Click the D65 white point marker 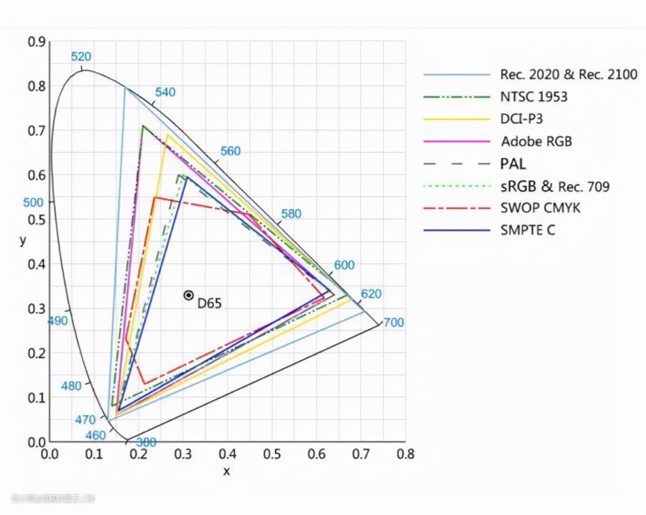(188, 295)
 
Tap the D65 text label (209, 303)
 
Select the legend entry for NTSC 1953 (534, 96)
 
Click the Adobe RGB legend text (536, 142)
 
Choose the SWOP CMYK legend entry (540, 208)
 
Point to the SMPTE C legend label (528, 230)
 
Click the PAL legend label (513, 164)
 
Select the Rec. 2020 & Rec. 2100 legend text (568, 75)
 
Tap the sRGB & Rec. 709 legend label (554, 186)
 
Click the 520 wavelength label (81, 57)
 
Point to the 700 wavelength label (394, 323)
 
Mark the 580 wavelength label (291, 214)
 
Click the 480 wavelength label (71, 386)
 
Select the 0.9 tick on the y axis (36, 42)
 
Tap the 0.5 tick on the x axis (273, 455)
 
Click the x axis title (227, 471)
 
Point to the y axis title (23, 241)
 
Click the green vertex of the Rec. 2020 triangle (125, 88)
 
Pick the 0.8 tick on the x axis (406, 455)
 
